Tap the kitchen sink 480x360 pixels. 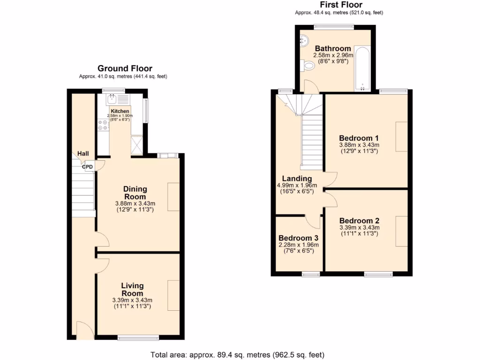112,99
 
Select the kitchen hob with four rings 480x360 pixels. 103,125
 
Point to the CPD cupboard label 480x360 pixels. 87,166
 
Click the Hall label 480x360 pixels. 83,153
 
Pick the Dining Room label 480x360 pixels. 135,193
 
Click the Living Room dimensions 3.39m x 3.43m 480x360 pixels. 132,300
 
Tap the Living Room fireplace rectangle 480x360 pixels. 173,295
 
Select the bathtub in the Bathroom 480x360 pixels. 362,67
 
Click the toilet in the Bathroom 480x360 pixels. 309,67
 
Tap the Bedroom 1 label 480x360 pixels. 359,138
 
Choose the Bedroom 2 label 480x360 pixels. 359,221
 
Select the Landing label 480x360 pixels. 297,179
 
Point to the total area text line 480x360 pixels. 237,354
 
